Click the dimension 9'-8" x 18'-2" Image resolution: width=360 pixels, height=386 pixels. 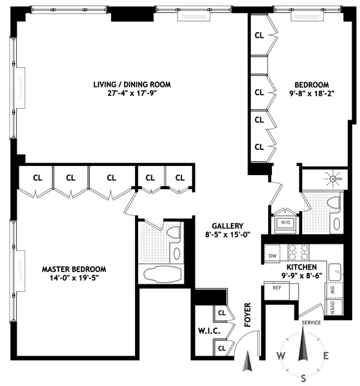(x=312, y=94)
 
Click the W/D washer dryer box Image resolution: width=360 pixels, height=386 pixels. (x=283, y=223)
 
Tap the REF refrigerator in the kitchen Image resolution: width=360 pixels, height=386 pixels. (x=277, y=288)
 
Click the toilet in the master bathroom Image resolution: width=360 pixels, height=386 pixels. (x=174, y=235)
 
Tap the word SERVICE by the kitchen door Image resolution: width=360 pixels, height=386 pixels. (x=310, y=322)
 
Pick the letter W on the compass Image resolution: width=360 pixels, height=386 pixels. (x=281, y=356)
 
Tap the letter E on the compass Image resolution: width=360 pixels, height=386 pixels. (x=327, y=356)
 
